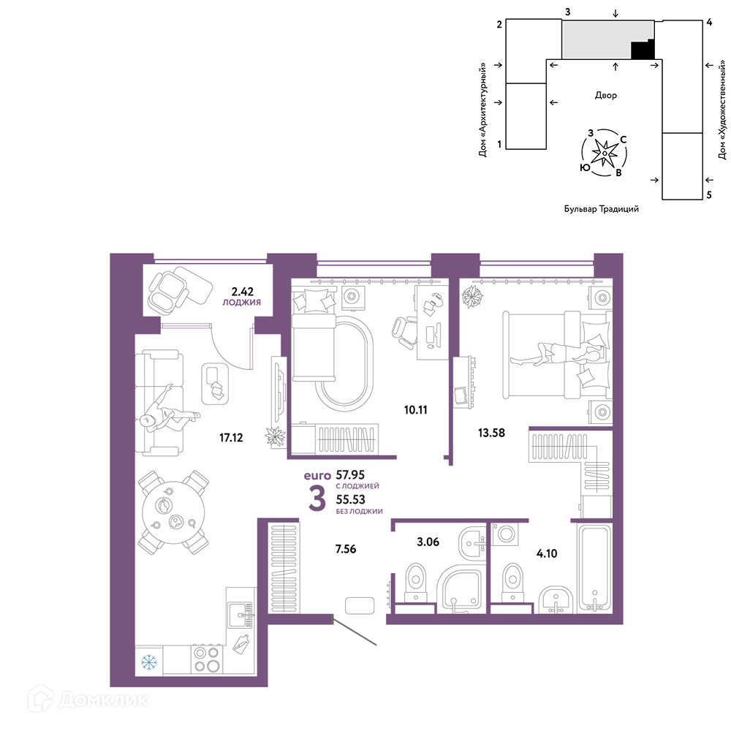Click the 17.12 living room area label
pos(231,437)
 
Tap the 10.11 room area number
pos(415,410)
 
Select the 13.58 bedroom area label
pos(491,433)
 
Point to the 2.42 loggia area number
pos(243,292)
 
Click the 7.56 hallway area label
pos(346,549)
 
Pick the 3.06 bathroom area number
pos(428,542)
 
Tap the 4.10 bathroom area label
pos(547,553)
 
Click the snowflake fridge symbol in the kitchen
pos(148,662)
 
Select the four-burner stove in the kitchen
pos(207,659)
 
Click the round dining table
pos(173,512)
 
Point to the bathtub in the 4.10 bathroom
pos(594,567)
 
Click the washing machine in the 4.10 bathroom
pos(505,533)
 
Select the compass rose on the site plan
pos(605,153)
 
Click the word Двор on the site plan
pos(605,95)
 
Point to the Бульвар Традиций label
pos(602,209)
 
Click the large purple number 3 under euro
pos(317,499)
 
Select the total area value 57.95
pos(350,475)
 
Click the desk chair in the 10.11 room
pos(404,330)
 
